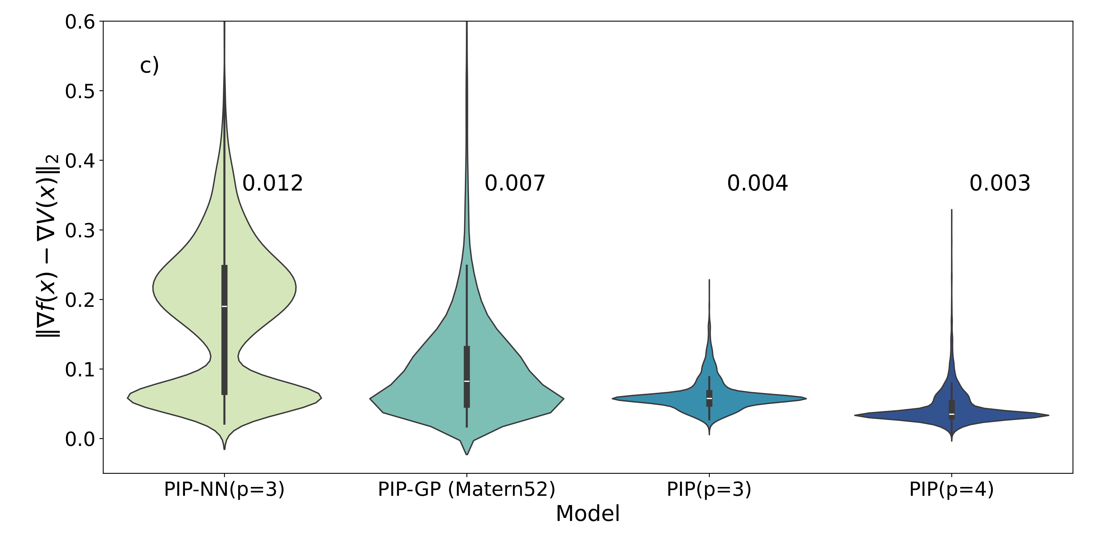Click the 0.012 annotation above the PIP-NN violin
272,184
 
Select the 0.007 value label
515,184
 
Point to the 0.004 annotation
757,184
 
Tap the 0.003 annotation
1000,184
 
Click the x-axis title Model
588,513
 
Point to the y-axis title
48,246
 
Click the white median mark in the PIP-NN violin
224,306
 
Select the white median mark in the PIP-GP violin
467,381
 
